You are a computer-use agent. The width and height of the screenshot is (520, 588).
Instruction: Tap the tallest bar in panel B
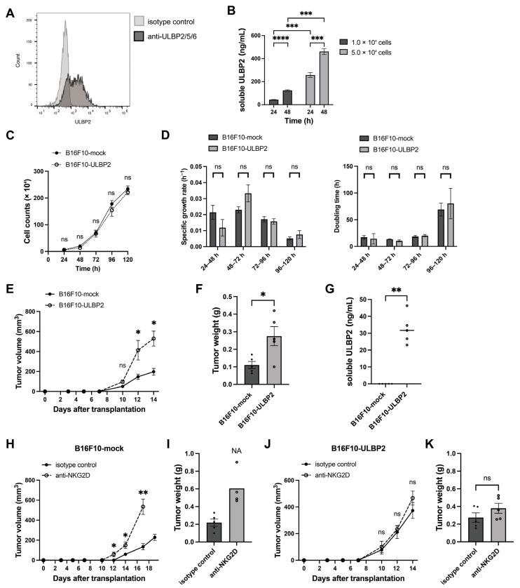[x=324, y=79]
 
